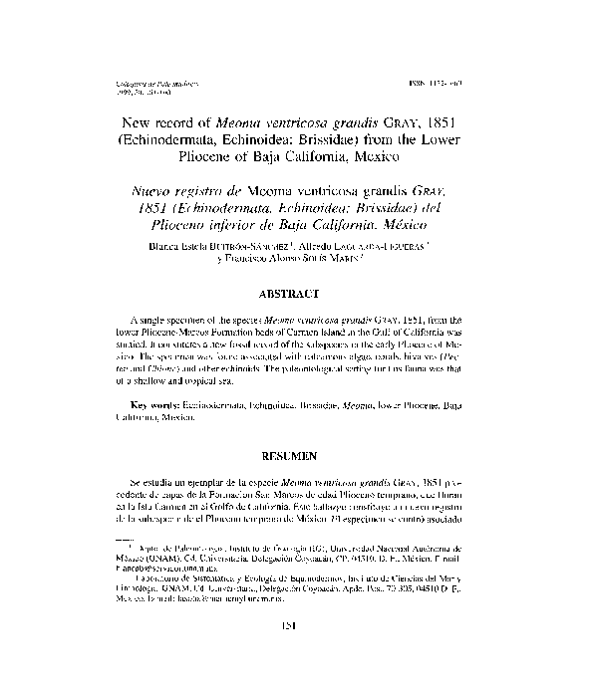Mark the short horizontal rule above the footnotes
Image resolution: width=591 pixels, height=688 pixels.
pyautogui.click(x=119, y=540)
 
